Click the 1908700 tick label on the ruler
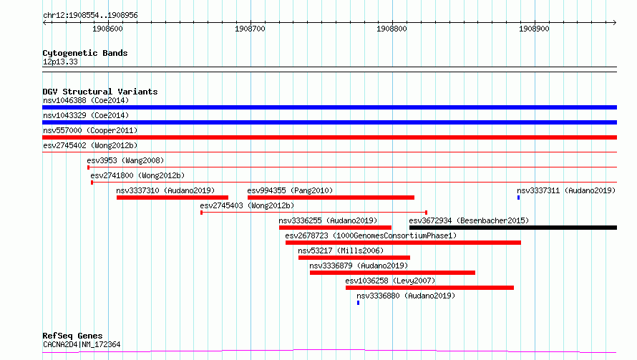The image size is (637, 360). (250, 29)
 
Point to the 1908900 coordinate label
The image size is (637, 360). (534, 29)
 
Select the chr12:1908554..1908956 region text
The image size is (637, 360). (90, 16)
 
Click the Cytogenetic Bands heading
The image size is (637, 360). (85, 53)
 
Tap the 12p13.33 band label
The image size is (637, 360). (60, 62)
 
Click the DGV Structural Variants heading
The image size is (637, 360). (100, 92)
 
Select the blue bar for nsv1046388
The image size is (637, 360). (329, 107)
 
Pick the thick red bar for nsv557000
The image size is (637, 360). (329, 137)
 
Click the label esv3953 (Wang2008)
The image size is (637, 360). (125, 160)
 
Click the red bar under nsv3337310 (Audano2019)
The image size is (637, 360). (172, 198)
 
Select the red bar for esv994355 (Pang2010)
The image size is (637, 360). (331, 198)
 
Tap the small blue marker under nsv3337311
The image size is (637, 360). (518, 198)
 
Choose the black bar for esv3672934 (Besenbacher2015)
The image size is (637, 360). (513, 228)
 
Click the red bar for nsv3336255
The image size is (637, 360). (335, 228)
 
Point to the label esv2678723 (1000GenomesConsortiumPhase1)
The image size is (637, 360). (371, 235)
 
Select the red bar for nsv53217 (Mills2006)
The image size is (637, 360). (354, 258)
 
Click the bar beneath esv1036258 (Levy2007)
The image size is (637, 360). (430, 288)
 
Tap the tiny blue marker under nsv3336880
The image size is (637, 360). (358, 303)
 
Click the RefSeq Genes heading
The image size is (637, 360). (72, 336)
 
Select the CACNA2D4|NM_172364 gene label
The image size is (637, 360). (82, 344)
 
